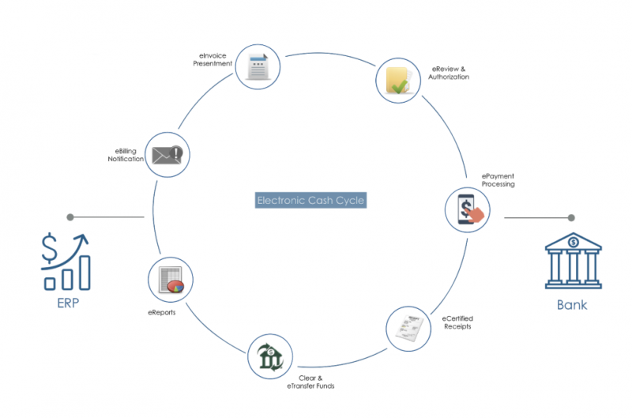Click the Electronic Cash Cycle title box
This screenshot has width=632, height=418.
pyautogui.click(x=310, y=201)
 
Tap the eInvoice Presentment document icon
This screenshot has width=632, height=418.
pyautogui.click(x=258, y=66)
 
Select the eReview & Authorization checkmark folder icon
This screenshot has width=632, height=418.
pyautogui.click(x=399, y=81)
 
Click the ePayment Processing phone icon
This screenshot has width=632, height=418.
pyautogui.click(x=468, y=209)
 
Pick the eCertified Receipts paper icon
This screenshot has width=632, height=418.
pyautogui.click(x=409, y=328)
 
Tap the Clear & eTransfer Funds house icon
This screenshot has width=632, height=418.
pyautogui.click(x=270, y=356)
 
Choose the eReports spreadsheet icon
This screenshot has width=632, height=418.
pyautogui.click(x=171, y=280)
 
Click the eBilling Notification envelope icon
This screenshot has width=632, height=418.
pyautogui.click(x=167, y=154)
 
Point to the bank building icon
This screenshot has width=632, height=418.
pyautogui.click(x=574, y=261)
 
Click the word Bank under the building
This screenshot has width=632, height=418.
pyautogui.click(x=572, y=305)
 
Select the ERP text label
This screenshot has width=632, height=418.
pyautogui.click(x=68, y=303)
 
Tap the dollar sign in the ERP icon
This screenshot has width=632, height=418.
pyautogui.click(x=49, y=247)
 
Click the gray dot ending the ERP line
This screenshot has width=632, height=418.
pyautogui.click(x=70, y=217)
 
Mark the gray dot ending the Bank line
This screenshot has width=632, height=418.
pyautogui.click(x=571, y=217)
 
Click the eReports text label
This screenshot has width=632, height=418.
pyautogui.click(x=162, y=312)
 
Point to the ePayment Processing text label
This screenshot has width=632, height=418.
pyautogui.click(x=498, y=180)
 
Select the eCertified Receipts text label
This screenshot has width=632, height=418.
pyautogui.click(x=457, y=322)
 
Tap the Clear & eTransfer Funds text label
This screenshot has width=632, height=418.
pyautogui.click(x=310, y=382)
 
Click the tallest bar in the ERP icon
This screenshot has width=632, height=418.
pyautogui.click(x=85, y=273)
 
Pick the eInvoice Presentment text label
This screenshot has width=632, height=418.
pyautogui.click(x=213, y=59)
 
